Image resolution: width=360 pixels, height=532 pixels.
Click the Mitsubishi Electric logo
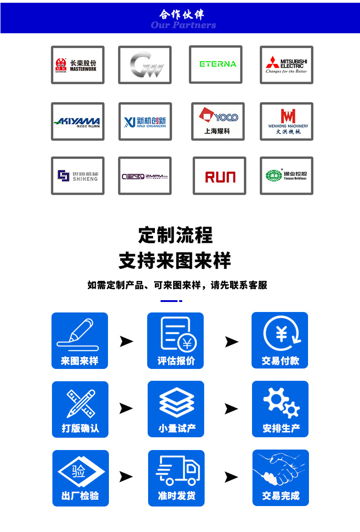286,65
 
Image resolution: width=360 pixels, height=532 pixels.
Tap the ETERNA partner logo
218,64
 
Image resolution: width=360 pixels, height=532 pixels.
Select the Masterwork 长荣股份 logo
77,65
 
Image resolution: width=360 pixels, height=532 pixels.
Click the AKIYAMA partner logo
77,122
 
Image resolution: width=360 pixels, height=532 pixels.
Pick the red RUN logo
220,176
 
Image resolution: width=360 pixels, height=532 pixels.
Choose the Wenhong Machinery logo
286,122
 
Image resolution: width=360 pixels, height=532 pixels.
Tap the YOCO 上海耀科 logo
218,122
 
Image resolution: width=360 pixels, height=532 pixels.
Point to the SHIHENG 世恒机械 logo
77,176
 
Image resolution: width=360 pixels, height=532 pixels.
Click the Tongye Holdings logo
286,176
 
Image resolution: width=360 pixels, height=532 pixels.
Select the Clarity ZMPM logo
145,176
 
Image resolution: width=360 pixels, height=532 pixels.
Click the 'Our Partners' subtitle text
183,25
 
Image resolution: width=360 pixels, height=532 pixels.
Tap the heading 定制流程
175,235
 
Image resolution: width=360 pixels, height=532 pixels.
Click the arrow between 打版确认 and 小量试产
126,409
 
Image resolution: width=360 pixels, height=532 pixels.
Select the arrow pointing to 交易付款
231,342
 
